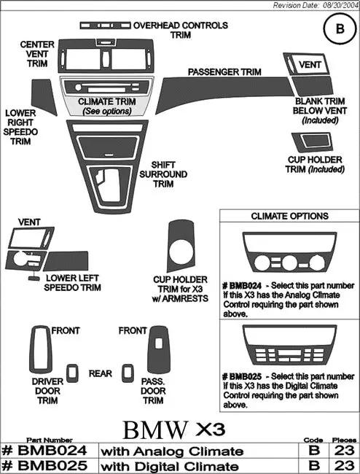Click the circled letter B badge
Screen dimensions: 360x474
(340, 28)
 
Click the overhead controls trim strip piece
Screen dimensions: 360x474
(105, 26)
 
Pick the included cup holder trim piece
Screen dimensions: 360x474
(312, 141)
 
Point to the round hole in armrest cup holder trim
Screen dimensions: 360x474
(181, 251)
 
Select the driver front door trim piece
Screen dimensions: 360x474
(41, 349)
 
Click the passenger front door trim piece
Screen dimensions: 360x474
(158, 349)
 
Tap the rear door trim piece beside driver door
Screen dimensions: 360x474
(72, 373)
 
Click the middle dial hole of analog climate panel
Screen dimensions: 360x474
(289, 263)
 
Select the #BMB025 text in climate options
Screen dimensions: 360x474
(242, 376)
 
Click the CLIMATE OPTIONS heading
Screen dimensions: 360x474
(289, 216)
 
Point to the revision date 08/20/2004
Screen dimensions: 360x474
(340, 5)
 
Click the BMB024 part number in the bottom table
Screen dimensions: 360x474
(44, 451)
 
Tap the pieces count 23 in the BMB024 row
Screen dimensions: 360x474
(344, 451)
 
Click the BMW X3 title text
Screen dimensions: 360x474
(174, 430)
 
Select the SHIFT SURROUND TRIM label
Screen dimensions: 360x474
(163, 174)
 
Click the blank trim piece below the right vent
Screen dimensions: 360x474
(312, 86)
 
